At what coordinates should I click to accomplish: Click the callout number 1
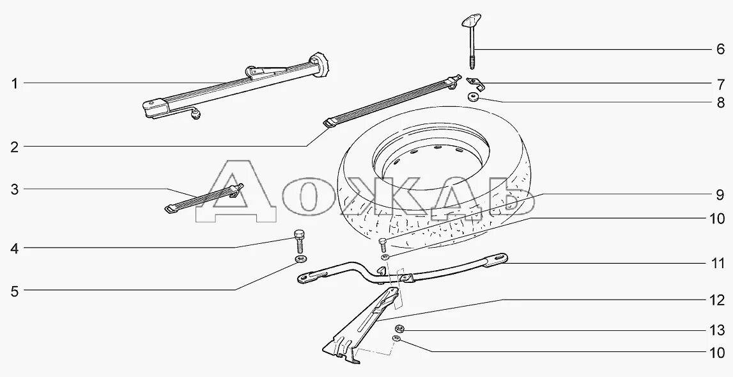point(13,83)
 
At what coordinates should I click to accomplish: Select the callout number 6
point(719,50)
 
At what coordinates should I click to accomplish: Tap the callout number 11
point(718,263)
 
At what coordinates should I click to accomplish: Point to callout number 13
point(718,330)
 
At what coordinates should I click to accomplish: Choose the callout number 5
point(13,291)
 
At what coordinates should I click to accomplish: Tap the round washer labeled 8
point(474,97)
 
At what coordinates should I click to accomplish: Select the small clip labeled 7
point(475,83)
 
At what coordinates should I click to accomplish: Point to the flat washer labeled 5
point(299,260)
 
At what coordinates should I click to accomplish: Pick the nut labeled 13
point(398,329)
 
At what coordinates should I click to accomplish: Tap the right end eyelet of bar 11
point(499,258)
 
